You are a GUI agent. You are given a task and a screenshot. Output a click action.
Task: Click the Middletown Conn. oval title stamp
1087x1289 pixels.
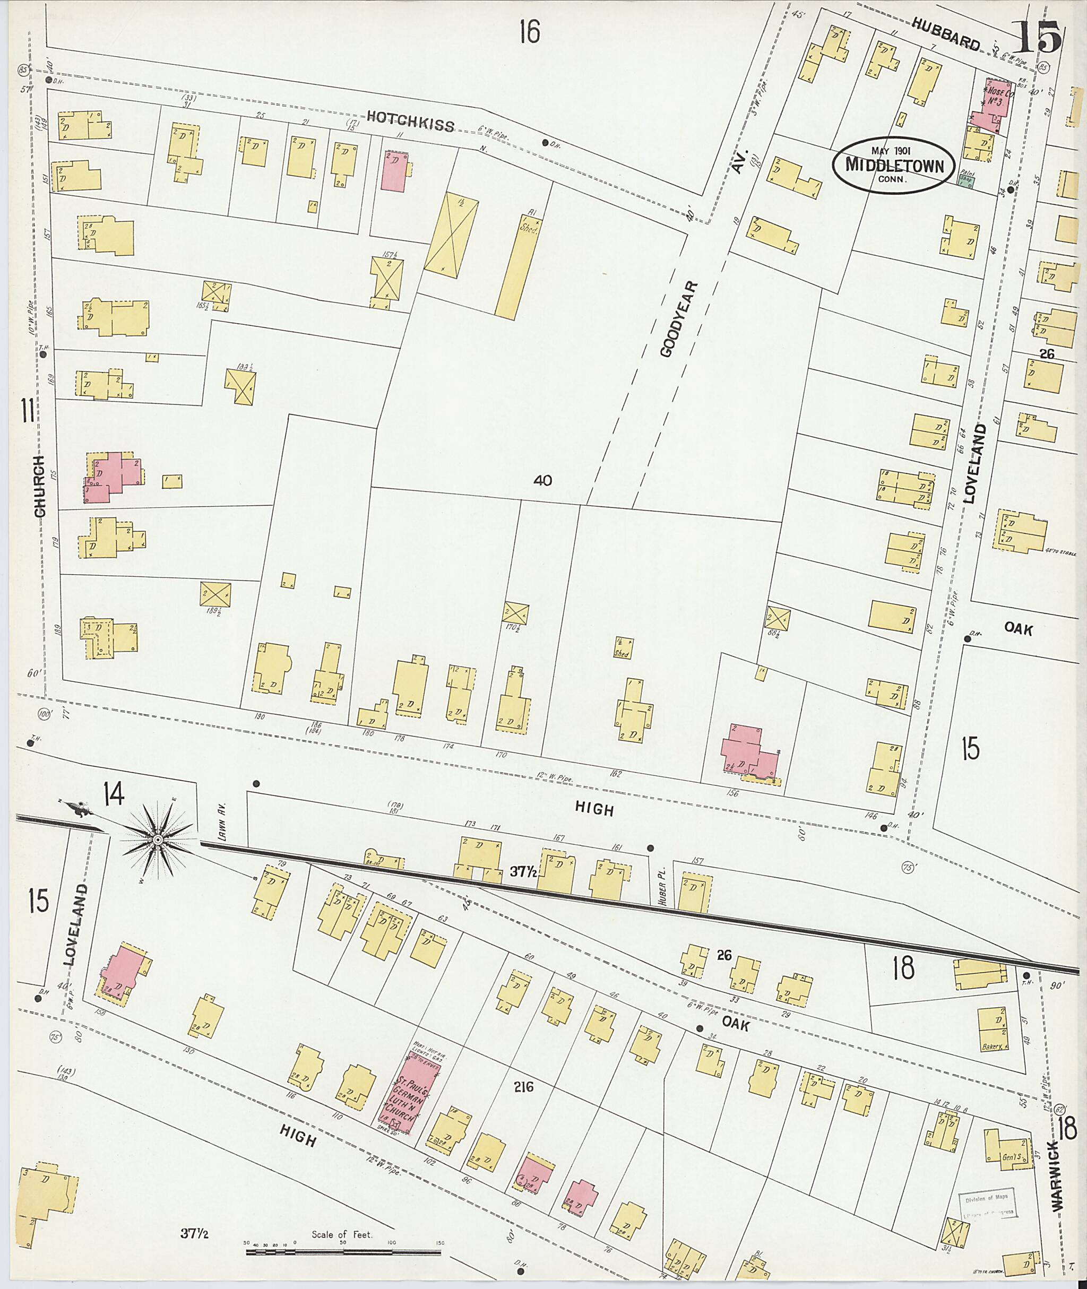pyautogui.click(x=893, y=165)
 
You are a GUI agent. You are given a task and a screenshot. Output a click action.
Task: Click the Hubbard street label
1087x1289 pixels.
pyautogui.click(x=945, y=33)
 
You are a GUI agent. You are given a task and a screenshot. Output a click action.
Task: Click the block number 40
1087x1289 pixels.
pyautogui.click(x=543, y=481)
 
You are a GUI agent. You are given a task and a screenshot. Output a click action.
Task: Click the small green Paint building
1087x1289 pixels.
pyautogui.click(x=965, y=180)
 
